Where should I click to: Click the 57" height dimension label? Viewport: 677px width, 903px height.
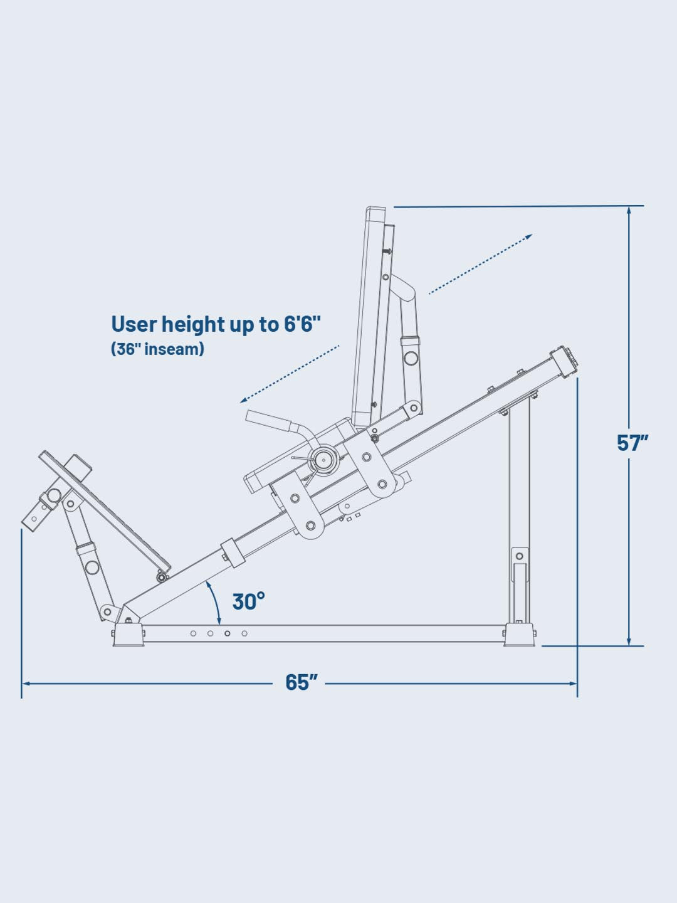pos(632,443)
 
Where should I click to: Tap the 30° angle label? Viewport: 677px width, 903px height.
pos(248,601)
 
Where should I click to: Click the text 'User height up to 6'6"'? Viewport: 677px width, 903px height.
pos(216,324)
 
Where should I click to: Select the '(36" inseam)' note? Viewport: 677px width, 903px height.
pos(157,349)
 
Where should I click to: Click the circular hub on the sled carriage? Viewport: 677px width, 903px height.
pos(325,458)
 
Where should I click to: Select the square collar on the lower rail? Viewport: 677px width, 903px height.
pos(232,551)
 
